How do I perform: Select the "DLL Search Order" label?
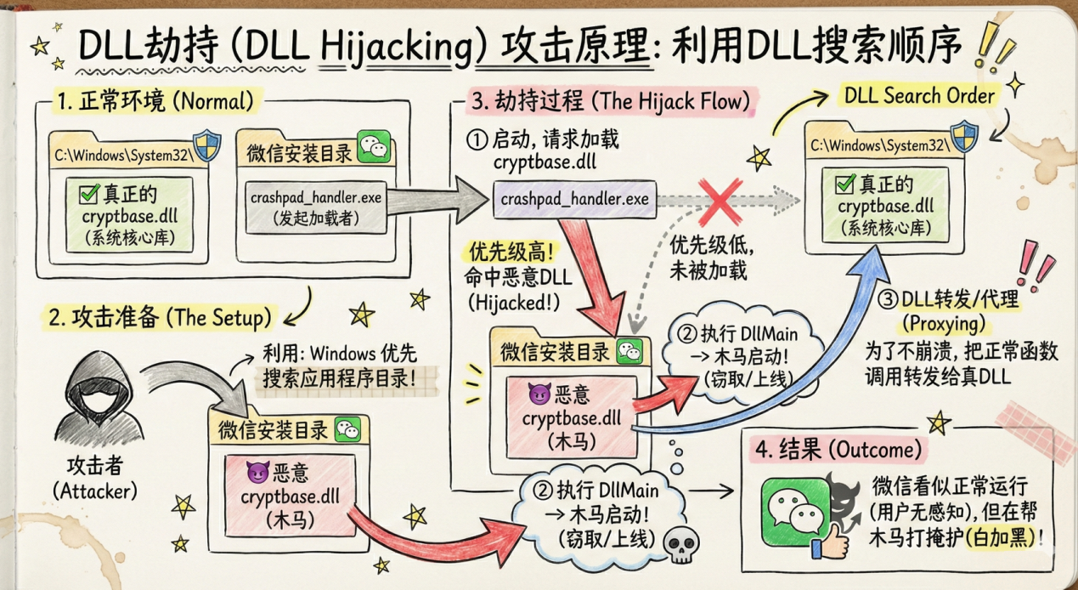pyautogui.click(x=919, y=96)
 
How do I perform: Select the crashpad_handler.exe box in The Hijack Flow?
pyautogui.click(x=573, y=200)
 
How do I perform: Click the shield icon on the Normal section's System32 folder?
pyautogui.click(x=206, y=145)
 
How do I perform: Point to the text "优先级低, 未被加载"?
pyautogui.click(x=707, y=258)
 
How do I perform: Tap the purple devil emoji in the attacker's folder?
pyautogui.click(x=254, y=470)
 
